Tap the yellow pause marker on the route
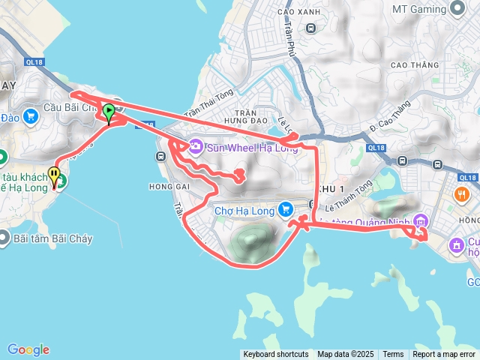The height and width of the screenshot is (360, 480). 54,175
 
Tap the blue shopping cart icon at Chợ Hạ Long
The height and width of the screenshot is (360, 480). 285,209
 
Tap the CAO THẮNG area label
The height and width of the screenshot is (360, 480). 414,65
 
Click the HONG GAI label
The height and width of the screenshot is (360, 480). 166,186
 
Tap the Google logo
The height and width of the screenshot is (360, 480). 28,349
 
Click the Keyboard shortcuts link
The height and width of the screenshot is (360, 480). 275,355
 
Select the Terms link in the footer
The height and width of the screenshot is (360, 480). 393,355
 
